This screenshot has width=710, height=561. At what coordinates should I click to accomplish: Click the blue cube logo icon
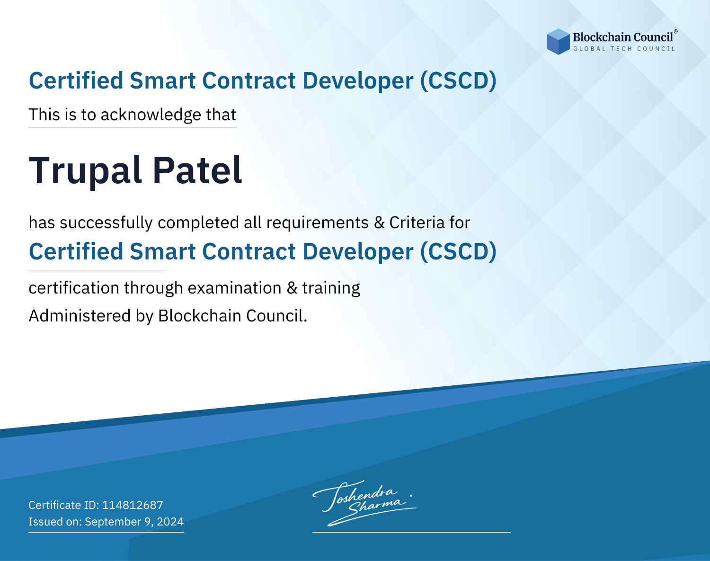pyautogui.click(x=558, y=42)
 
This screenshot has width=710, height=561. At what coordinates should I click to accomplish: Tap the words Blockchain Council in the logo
pyautogui.click(x=623, y=37)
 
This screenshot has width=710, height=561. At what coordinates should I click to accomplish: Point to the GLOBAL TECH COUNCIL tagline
pyautogui.click(x=624, y=49)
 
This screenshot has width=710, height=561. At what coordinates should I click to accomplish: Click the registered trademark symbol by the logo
pyautogui.click(x=675, y=31)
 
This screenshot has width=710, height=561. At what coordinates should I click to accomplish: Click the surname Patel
pyautogui.click(x=197, y=170)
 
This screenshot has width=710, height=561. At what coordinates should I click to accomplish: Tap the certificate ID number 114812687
pyautogui.click(x=133, y=505)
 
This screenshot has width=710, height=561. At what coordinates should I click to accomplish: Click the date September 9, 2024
pyautogui.click(x=134, y=521)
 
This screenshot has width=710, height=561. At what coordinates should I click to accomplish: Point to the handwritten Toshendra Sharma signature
pyautogui.click(x=364, y=503)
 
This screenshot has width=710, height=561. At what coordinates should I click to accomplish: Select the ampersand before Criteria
pyautogui.click(x=379, y=223)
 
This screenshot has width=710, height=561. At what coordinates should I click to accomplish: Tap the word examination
pyautogui.click(x=234, y=288)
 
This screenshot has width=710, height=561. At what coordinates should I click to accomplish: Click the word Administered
pyautogui.click(x=80, y=315)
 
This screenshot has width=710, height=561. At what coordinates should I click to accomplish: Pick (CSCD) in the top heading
pyautogui.click(x=458, y=80)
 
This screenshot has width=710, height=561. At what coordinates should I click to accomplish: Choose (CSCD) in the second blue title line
pyautogui.click(x=458, y=251)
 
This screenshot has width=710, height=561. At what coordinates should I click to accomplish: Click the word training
pyautogui.click(x=331, y=288)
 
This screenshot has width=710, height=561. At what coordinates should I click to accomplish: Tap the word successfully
pyautogui.click(x=106, y=223)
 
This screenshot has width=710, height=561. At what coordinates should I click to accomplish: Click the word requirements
pyautogui.click(x=318, y=223)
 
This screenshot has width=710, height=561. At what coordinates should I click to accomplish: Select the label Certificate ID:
pyautogui.click(x=64, y=505)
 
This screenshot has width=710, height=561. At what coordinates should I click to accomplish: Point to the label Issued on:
pyautogui.click(x=55, y=521)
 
